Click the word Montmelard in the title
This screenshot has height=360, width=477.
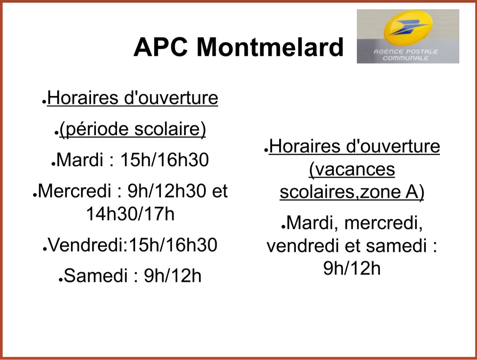[270, 47]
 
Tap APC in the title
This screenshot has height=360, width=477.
[160, 47]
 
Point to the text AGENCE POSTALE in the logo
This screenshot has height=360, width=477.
[405, 52]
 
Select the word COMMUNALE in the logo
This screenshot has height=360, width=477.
[405, 58]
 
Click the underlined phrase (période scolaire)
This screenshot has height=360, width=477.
[132, 129]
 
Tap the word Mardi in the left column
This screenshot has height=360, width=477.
[79, 159]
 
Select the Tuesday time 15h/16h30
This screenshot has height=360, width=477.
[165, 159]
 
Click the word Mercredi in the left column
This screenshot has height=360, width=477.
[74, 191]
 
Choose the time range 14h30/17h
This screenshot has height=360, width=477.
[130, 214]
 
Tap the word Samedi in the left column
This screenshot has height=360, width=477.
[95, 276]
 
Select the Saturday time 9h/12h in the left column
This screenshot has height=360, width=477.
[173, 276]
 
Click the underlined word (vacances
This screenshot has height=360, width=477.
[352, 169]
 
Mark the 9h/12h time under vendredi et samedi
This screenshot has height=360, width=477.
[352, 269]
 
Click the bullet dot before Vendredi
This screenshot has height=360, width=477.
[45, 249]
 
